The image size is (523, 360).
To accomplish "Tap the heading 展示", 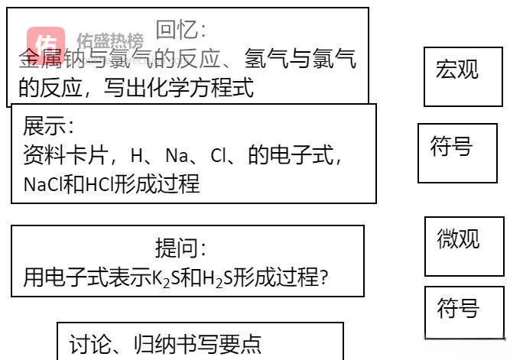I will pos(48,126).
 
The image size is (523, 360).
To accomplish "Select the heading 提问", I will pos(180,248).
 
